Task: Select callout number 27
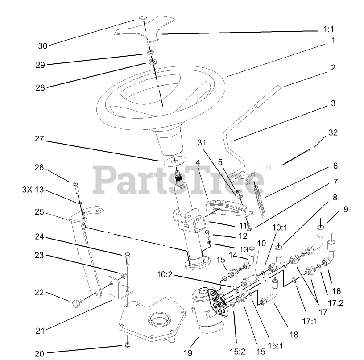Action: tap(40, 139)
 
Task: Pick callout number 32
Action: tap(333, 132)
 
